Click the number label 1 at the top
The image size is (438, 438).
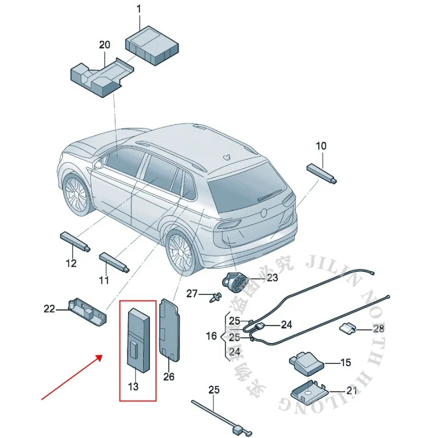(x=139, y=9)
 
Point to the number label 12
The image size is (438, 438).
(x=71, y=263)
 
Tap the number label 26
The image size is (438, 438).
(x=168, y=376)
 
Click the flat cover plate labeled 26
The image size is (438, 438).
(x=170, y=330)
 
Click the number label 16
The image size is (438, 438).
(x=211, y=336)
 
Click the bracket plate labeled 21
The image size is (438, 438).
(x=309, y=391)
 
